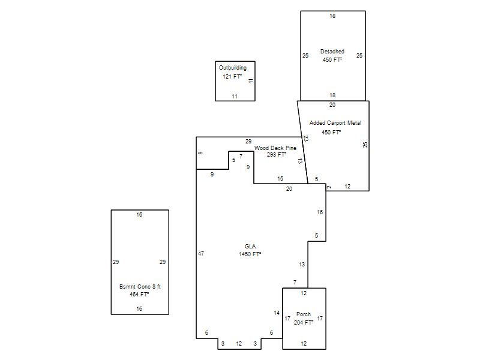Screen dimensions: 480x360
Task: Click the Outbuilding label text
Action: pos(233,68)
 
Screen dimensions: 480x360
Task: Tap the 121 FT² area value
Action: pos(232,77)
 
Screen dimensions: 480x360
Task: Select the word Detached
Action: pos(332,52)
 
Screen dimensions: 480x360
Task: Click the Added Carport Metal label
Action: pos(335,123)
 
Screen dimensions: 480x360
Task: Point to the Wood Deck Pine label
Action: pos(275,148)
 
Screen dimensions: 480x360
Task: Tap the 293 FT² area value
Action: pos(277,155)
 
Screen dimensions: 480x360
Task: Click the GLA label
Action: pos(250,247)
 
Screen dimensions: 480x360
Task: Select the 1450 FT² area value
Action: pos(250,254)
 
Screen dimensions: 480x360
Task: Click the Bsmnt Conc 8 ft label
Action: pos(140,287)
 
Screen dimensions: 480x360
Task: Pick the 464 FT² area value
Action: pos(139,295)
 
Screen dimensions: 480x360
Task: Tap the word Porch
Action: pos(304,314)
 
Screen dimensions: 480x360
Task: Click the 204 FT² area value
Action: pos(304,323)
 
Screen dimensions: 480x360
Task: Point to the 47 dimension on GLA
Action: pos(201,253)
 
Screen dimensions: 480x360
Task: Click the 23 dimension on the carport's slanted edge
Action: pos(305,139)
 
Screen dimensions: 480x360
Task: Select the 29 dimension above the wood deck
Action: pos(248,142)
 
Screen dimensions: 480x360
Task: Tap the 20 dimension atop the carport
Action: pos(332,105)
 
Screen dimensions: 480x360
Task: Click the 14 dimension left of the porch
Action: pos(277,313)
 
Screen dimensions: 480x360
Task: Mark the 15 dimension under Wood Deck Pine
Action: pos(280,178)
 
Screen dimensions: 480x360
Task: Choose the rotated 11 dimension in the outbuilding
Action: pos(251,81)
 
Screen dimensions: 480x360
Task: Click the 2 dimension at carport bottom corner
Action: pos(329,187)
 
